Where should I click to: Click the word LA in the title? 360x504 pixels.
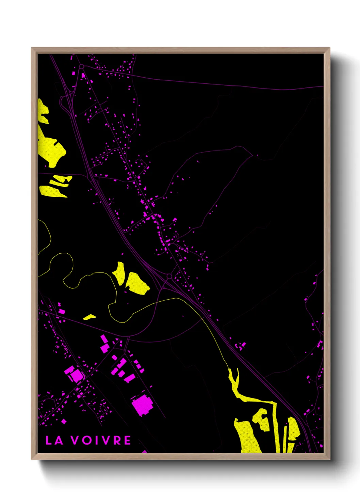[54, 440]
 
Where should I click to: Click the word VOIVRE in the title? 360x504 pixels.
[101, 440]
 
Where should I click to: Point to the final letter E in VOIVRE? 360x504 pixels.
[127, 440]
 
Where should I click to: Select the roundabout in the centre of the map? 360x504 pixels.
[169, 276]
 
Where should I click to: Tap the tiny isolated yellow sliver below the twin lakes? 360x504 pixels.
[89, 317]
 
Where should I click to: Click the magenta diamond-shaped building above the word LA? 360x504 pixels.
[64, 422]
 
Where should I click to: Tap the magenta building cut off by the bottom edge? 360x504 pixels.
[145, 452]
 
